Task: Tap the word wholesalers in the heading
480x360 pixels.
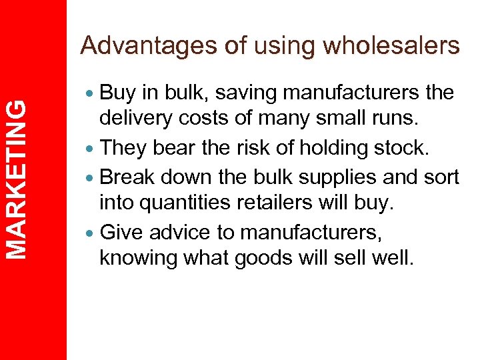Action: pos(391,45)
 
